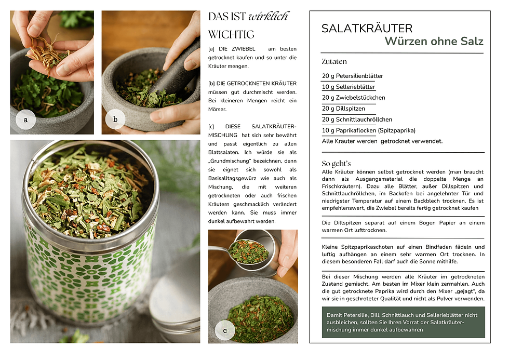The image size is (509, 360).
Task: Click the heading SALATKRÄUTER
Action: (x=367, y=28)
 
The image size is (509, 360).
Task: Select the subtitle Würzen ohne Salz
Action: (x=434, y=41)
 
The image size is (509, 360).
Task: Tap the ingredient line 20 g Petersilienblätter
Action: (x=353, y=76)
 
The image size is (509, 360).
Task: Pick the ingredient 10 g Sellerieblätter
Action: (x=349, y=87)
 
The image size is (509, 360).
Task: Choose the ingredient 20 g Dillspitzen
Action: (x=343, y=109)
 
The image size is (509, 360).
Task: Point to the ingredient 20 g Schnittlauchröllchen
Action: (x=357, y=119)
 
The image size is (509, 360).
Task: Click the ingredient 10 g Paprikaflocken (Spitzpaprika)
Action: (x=369, y=130)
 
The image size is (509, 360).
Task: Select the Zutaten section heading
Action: (x=334, y=61)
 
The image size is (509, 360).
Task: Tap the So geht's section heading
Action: (x=337, y=163)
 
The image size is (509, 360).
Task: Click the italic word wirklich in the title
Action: (x=268, y=17)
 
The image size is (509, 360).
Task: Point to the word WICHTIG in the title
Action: (x=231, y=34)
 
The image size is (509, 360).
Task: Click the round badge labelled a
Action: (x=25, y=119)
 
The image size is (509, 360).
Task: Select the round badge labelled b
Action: (x=115, y=119)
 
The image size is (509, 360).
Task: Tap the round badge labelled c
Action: (x=225, y=330)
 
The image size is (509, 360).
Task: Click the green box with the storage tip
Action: (x=403, y=323)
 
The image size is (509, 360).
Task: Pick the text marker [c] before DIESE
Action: (x=211, y=127)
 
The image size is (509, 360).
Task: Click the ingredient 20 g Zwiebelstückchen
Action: (x=354, y=98)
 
